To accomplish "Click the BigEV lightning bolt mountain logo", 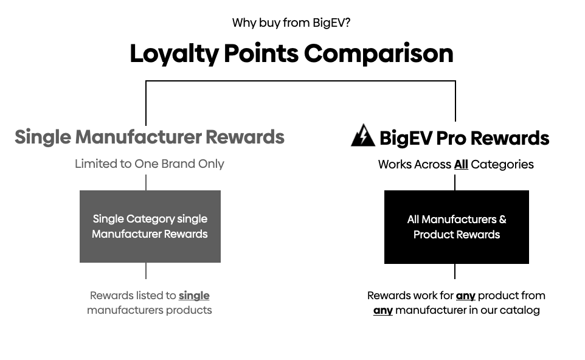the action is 363,135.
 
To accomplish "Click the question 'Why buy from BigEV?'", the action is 291,22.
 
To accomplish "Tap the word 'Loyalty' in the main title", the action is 175,54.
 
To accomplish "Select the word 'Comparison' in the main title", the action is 379,54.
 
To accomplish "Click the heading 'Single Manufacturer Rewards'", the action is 150,137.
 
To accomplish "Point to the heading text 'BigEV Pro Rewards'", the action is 465,138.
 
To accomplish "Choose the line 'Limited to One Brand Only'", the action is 150,164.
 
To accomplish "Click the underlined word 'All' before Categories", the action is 461,164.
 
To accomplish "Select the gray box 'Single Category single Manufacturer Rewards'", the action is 150,226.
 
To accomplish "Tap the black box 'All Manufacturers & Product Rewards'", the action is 457,227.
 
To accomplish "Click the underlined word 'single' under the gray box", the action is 194,296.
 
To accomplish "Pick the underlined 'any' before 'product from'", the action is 466,296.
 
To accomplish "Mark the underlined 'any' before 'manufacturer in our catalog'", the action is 383,310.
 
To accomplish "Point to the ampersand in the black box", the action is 502,220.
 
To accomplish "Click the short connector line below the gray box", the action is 146,271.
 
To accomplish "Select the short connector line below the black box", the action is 455,271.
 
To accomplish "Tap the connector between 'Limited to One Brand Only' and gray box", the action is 146,183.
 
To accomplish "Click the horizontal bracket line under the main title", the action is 300,81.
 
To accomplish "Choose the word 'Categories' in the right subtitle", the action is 502,165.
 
